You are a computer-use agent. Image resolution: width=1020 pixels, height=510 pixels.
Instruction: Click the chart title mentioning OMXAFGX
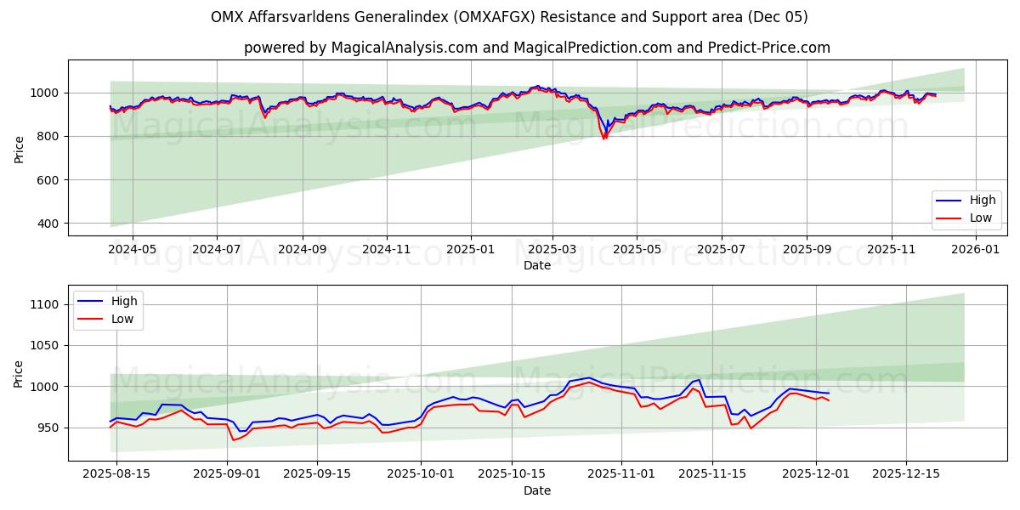coord(509,17)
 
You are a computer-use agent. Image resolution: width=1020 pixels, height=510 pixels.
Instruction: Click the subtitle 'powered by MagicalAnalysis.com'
coord(536,48)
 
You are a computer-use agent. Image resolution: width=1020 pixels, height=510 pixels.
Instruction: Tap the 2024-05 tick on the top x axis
coord(133,250)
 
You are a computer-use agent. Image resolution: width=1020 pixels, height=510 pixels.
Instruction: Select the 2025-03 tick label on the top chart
coord(552,250)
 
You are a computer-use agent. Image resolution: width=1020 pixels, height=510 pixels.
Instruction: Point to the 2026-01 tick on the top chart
coord(975,250)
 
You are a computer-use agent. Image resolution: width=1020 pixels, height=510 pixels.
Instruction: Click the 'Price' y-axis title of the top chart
coord(20,149)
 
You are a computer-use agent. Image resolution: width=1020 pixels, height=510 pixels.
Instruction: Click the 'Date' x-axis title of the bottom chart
coord(536,490)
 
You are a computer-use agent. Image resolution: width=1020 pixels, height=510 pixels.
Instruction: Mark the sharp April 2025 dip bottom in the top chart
coord(604,139)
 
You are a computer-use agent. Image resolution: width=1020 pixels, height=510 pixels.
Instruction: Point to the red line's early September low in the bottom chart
coord(234,439)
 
